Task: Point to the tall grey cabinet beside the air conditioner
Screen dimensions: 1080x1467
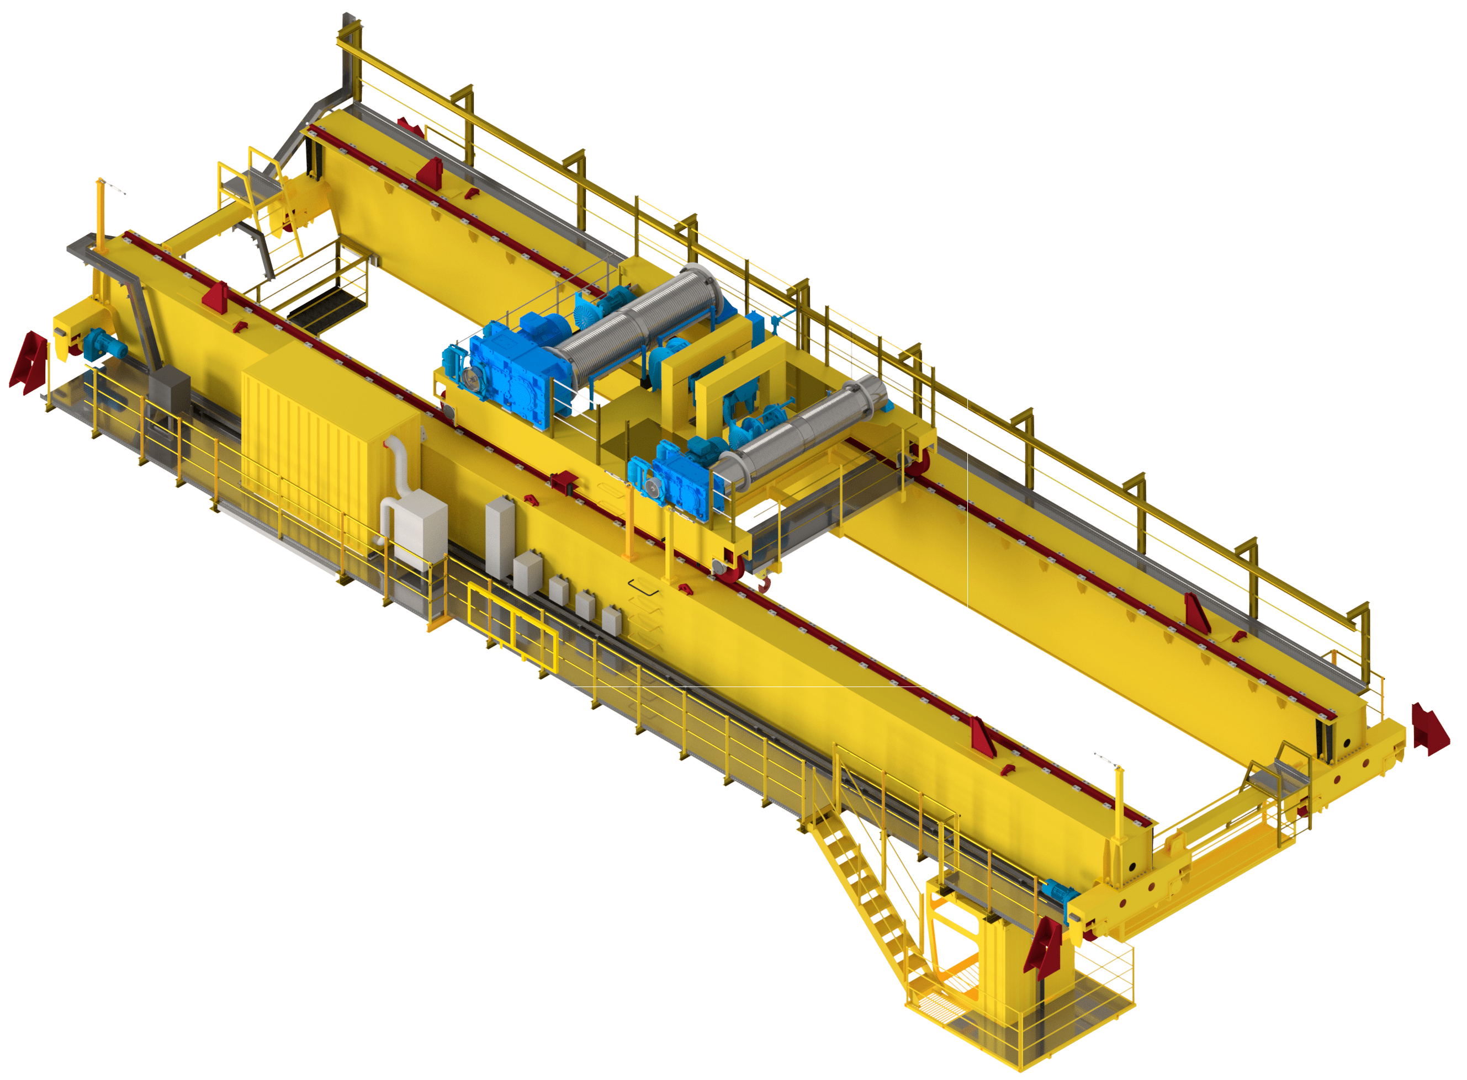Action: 499,536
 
